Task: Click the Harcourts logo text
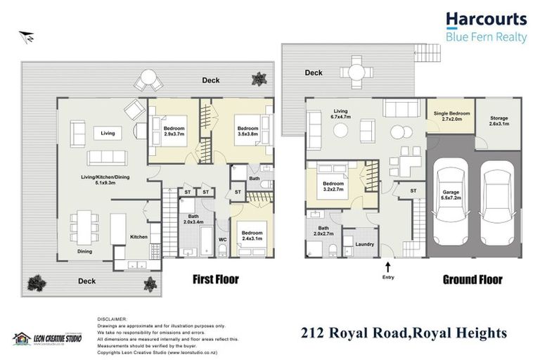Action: [x=486, y=20]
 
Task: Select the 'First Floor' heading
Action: [x=216, y=279]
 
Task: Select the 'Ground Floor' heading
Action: [x=472, y=279]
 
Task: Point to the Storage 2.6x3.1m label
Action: [x=499, y=121]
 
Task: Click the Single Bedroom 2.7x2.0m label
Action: [x=451, y=116]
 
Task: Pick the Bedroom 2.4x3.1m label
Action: [x=249, y=236]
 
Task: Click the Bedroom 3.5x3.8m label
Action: [x=247, y=131]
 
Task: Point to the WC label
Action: [x=222, y=239]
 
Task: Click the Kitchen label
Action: [x=139, y=237]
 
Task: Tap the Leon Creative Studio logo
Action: [x=47, y=338]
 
